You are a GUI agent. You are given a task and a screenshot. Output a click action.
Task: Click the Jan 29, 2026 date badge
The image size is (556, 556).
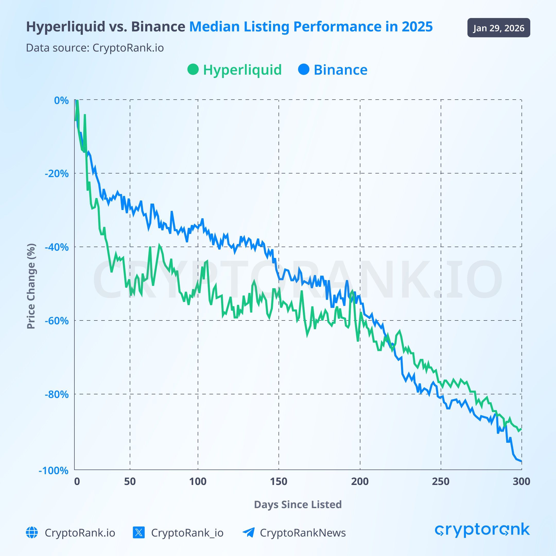tap(498, 28)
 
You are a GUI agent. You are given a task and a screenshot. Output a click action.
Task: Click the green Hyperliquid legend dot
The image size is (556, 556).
tap(193, 69)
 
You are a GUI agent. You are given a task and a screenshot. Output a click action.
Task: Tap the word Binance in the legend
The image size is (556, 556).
tap(341, 70)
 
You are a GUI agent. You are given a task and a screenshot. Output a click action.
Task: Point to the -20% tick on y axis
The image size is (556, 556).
tap(57, 173)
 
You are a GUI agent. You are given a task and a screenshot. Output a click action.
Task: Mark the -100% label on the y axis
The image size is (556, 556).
tap(54, 471)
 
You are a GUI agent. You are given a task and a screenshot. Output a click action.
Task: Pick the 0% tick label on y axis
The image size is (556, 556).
tap(61, 100)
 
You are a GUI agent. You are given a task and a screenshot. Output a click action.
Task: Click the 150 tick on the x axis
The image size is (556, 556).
tap(279, 481)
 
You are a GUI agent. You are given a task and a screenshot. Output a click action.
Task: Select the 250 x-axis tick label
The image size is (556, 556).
tap(441, 481)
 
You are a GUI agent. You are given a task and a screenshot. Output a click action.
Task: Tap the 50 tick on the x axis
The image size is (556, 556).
tap(130, 481)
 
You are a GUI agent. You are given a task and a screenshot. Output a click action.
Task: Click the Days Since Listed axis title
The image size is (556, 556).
tap(298, 505)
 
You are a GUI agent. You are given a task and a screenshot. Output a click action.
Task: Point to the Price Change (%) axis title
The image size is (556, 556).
tap(31, 286)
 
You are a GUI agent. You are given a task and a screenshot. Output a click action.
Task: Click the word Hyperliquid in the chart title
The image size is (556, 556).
tap(66, 27)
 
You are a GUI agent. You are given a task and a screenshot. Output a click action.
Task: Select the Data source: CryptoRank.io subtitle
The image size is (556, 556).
tap(95, 48)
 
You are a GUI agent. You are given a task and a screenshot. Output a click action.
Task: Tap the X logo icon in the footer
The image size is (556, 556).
tap(139, 532)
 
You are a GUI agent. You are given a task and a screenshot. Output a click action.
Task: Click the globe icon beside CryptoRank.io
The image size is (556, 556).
tap(32, 532)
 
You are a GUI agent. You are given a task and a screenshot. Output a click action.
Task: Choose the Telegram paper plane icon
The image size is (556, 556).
tap(248, 532)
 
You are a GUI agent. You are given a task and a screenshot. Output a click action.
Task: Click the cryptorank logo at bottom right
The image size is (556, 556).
tap(482, 530)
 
